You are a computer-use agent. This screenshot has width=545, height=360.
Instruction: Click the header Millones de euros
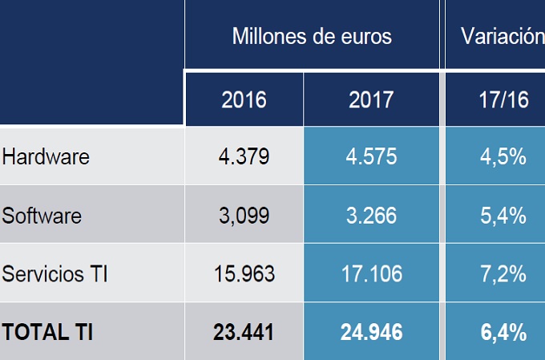point(312,36)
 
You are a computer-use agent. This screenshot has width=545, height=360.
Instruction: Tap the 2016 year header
point(244,99)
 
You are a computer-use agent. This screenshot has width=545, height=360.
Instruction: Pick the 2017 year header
point(371,99)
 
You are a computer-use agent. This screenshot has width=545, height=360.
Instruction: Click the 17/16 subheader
point(503,99)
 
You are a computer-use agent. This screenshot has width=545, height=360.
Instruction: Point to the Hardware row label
point(46,156)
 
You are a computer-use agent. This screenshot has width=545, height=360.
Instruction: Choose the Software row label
point(42,215)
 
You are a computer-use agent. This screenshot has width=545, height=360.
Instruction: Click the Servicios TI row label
point(55,273)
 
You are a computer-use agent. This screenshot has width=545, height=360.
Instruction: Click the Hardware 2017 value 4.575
point(371,156)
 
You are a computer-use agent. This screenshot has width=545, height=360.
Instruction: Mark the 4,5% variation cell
point(503,156)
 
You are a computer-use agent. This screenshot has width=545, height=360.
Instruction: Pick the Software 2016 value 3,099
point(244,215)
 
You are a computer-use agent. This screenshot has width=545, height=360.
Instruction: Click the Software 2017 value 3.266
point(371,215)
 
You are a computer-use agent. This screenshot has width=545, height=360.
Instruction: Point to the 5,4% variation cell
point(503,215)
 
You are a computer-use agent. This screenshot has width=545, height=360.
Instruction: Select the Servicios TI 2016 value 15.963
point(244,273)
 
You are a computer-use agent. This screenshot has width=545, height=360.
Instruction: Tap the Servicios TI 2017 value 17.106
point(371,273)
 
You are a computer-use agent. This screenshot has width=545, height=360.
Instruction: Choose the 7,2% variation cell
point(503,273)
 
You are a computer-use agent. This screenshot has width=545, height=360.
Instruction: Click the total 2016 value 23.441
point(244,331)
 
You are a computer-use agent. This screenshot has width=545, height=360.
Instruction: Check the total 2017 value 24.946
point(371,331)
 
